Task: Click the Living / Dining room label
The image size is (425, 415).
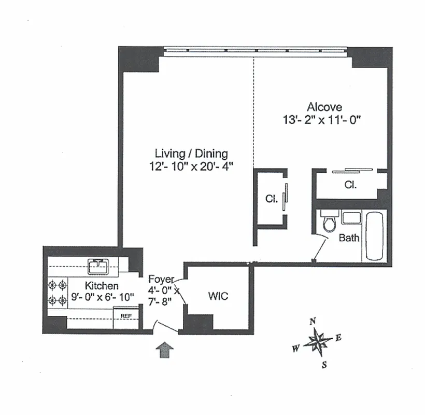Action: tap(191, 153)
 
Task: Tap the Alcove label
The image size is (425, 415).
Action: tap(324, 107)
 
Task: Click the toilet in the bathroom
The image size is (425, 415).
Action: tap(329, 222)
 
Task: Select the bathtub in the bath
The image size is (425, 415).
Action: tap(374, 236)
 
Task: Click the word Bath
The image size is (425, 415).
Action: tap(349, 238)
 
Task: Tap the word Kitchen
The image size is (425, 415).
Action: tap(102, 286)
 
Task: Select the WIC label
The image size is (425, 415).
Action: tap(218, 296)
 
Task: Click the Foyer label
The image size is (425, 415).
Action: tap(161, 280)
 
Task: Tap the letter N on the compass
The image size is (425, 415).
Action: tap(313, 322)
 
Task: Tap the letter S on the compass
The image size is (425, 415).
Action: tap(324, 364)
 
